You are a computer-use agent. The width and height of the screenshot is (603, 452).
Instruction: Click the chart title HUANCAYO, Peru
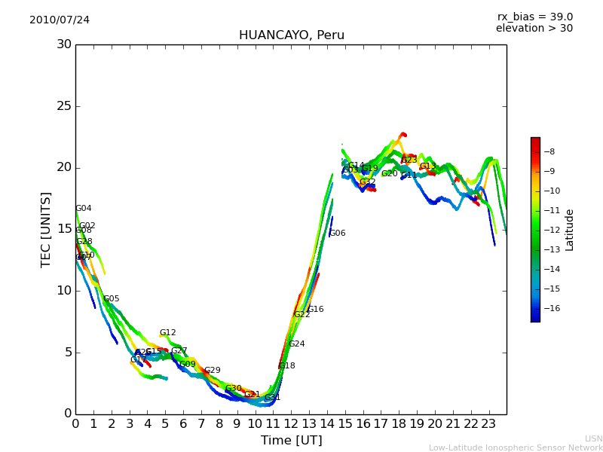(291, 35)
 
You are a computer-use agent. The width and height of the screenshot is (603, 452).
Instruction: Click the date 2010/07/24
(60, 20)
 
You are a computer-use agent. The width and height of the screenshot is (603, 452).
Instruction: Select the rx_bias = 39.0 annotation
(534, 17)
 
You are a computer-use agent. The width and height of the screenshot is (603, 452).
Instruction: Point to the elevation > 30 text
(534, 29)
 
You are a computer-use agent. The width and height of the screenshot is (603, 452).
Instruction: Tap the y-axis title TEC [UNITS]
(47, 229)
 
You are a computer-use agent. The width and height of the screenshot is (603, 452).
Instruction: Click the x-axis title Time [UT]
(291, 441)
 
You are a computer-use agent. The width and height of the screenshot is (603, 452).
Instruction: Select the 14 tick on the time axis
(327, 424)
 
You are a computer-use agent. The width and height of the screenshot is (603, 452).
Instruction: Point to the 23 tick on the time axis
(488, 424)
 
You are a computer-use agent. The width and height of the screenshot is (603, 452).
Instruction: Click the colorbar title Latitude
(570, 230)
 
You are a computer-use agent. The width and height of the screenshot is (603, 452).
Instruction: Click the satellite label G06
(338, 234)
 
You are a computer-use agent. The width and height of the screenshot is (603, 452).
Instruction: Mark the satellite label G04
(83, 209)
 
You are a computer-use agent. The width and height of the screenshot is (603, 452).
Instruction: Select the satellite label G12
(167, 333)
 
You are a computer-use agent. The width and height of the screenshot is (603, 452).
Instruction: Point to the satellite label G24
(296, 344)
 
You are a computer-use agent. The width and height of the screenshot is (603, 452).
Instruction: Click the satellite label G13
(428, 166)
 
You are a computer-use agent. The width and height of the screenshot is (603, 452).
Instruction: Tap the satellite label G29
(213, 371)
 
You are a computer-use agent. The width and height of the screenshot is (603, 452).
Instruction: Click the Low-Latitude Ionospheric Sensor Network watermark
(516, 448)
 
